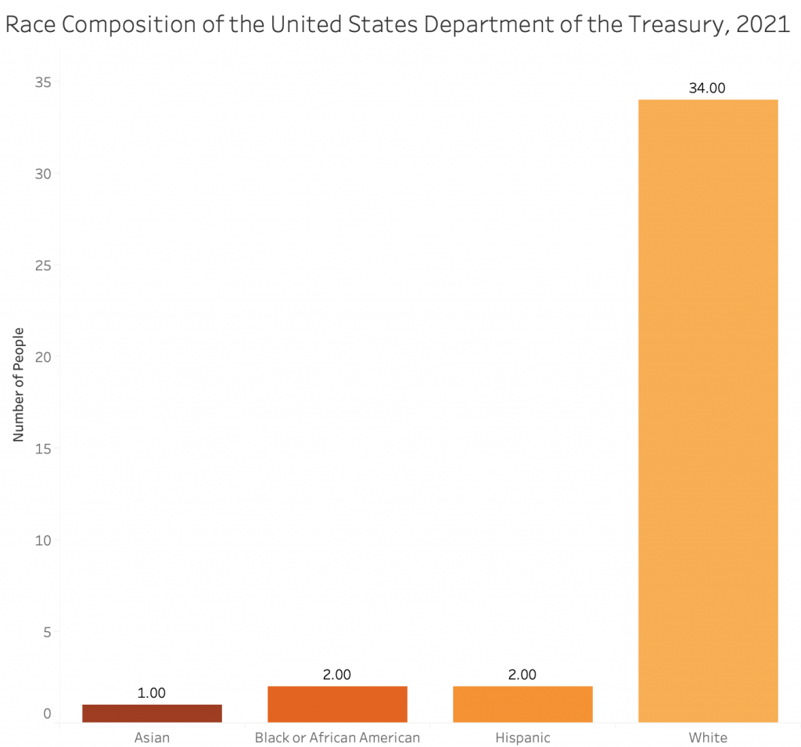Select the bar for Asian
coord(152,713)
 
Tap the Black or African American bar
coord(337,704)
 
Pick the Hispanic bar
coord(523,704)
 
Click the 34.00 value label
coord(707,88)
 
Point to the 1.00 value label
coord(152,693)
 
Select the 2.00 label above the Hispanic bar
coord(523,675)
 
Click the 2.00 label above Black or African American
coord(337,675)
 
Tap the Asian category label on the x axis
coord(152,738)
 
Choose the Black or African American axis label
coord(337,738)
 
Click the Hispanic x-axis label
coord(523,738)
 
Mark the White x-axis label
coord(708,738)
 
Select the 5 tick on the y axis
coord(46,632)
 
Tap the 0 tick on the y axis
coord(47,714)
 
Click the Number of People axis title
coord(19,384)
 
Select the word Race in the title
coord(31,25)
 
